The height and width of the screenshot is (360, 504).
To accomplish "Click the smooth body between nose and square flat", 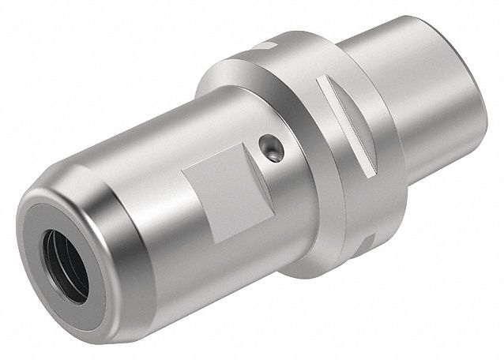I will click(134, 182).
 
